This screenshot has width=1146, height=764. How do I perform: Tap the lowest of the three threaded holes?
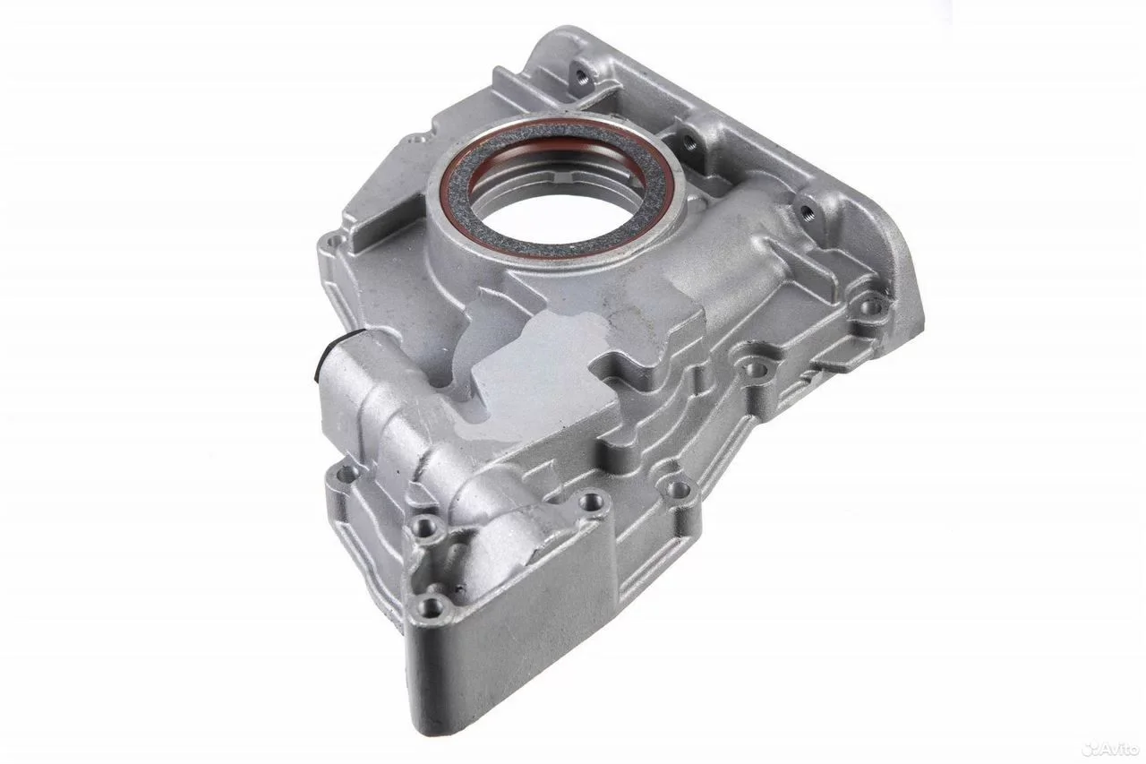point(807,209)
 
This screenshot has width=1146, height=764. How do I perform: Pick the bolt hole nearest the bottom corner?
point(432,607)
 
